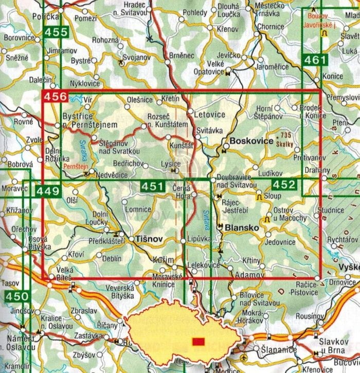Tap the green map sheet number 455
[56, 32]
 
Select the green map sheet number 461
[314, 60]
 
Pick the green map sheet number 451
[153, 186]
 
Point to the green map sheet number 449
[48, 192]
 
